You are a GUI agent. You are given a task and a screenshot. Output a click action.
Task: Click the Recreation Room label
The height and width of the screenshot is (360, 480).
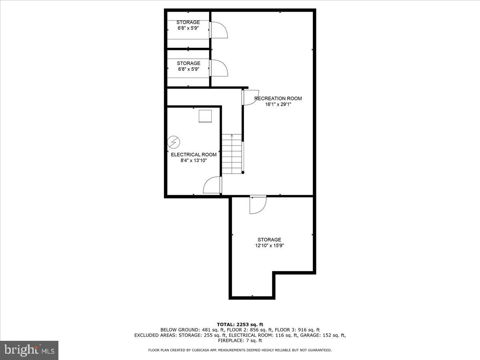pos(278,98)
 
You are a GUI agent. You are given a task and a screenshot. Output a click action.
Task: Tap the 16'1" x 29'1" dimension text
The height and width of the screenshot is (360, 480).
pos(278,105)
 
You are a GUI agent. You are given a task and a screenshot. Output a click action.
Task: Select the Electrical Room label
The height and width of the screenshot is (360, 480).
pos(194,155)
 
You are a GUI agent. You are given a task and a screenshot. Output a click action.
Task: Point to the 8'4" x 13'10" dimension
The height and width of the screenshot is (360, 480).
pos(194,161)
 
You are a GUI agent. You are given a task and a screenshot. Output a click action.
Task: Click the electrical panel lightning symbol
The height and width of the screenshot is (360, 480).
pos(174,142)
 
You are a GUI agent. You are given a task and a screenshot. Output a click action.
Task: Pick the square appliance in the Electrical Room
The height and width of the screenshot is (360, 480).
pos(206,116)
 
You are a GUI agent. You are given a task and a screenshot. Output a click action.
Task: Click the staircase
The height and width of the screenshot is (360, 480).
pos(232,154)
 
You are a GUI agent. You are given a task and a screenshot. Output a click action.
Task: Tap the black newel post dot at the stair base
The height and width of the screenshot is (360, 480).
pos(243,172)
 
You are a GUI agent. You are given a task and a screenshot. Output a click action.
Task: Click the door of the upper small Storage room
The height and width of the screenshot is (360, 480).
pos(219,30)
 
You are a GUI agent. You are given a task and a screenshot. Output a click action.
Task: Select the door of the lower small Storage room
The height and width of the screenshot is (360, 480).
pos(219,68)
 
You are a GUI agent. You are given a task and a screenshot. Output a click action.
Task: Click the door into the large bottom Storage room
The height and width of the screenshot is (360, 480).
pos(257,205)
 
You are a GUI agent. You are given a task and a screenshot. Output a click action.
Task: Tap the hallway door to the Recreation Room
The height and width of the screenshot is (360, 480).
pos(250,98)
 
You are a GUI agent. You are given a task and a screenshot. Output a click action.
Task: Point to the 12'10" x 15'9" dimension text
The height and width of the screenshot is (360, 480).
pos(269,246)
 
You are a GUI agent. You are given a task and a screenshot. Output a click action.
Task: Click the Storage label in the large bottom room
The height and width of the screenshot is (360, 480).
pos(269,240)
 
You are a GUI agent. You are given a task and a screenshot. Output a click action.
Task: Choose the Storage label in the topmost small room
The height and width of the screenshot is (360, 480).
pos(188,22)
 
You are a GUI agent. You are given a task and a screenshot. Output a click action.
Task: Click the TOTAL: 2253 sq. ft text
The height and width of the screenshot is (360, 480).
pos(240,324)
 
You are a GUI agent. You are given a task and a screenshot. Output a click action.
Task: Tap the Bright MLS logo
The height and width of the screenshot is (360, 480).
pos(29,350)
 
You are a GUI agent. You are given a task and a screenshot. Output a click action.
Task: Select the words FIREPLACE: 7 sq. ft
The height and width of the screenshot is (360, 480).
pos(240,341)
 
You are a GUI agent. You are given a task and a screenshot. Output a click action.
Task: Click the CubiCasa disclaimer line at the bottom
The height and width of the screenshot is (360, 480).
pos(240,350)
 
